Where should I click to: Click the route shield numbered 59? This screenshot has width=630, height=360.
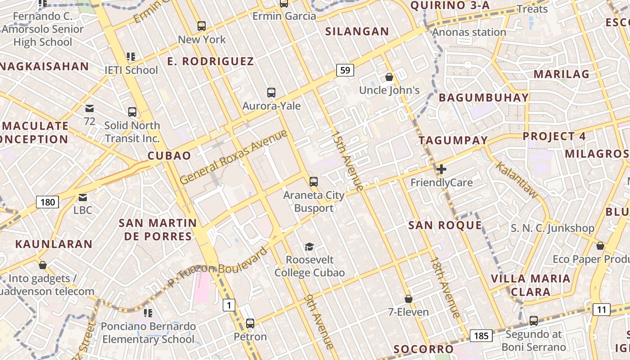345,70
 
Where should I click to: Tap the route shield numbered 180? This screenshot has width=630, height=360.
47,202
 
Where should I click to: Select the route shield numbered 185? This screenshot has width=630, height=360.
481,335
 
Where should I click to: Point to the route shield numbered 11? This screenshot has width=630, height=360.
602,309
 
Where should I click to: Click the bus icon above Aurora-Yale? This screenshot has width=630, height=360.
271,93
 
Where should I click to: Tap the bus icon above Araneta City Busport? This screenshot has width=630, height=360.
313,182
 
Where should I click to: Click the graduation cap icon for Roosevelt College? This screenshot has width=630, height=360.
309,247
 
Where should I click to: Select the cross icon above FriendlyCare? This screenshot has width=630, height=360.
441,169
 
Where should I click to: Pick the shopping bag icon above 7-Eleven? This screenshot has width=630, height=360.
409,299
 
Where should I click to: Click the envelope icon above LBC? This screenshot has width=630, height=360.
83,197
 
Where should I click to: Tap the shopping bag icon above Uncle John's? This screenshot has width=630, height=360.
389,77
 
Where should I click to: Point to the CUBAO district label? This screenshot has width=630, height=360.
170,156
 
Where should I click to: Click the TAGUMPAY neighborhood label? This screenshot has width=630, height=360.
453,140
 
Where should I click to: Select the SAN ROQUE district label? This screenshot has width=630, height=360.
445,225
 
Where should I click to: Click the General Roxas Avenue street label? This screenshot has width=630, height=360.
233,157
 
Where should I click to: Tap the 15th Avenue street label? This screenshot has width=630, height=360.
347,161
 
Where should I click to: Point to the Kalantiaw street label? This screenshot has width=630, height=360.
517,180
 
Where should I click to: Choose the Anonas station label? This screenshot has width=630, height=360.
469,32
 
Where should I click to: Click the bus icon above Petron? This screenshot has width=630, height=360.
250,323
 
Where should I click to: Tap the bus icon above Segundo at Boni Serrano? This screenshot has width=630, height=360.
533,321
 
